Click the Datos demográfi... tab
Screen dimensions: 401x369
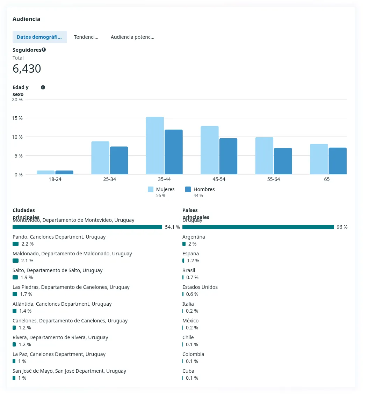39,37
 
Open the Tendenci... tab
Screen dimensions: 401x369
86,37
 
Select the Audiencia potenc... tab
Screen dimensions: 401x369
132,37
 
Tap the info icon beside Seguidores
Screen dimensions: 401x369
44,50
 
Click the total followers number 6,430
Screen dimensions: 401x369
27,69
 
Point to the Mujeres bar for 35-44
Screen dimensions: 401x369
155,146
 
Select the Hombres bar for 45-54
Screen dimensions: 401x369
228,156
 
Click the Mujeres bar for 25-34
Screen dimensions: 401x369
100,158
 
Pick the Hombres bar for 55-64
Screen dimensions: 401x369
283,161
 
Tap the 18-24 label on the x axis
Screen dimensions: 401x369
55,179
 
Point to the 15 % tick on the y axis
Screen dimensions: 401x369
17,118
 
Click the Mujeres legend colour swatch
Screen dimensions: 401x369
151,189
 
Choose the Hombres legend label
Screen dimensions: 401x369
204,189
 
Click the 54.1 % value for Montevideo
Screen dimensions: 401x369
172,227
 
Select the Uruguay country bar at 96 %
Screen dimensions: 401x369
258,227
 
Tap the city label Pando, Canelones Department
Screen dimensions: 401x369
59,237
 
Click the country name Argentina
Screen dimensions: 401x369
194,237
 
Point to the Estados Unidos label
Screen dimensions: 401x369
200,287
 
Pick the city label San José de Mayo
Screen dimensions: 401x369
69,371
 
